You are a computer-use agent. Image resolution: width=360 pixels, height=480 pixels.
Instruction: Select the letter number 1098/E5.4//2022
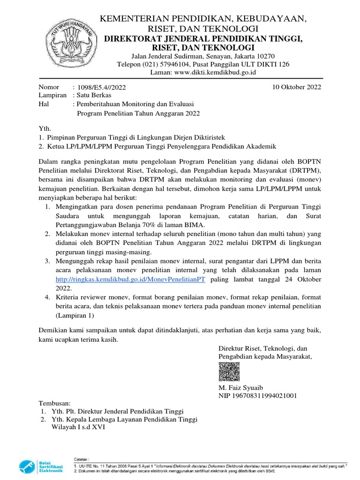click(102, 87)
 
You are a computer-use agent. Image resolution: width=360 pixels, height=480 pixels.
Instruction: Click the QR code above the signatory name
click(229, 372)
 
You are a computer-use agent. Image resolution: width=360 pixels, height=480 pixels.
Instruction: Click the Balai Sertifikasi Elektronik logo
click(41, 467)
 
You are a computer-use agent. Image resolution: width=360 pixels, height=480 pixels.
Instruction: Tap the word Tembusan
click(54, 403)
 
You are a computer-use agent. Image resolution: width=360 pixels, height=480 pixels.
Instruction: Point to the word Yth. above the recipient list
click(44, 128)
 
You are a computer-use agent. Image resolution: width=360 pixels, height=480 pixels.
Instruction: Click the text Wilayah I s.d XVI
click(75, 427)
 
